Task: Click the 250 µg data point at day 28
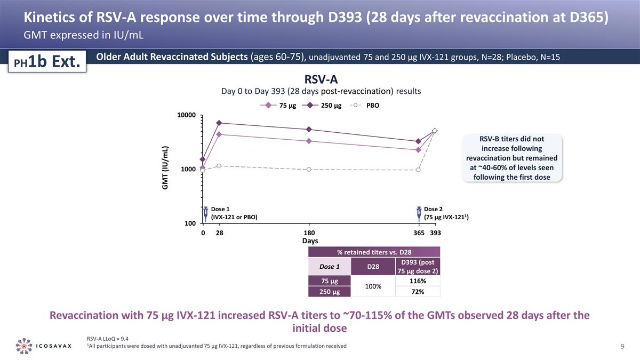click(x=219, y=123)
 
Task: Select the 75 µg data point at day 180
click(x=309, y=141)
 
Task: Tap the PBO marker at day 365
click(x=419, y=170)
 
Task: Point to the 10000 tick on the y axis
click(x=187, y=115)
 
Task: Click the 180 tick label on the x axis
click(x=309, y=233)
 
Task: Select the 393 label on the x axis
click(x=436, y=233)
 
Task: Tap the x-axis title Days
click(x=310, y=241)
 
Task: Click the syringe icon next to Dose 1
click(x=206, y=213)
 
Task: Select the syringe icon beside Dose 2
click(x=419, y=213)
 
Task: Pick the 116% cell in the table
click(x=418, y=281)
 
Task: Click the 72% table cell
click(x=418, y=292)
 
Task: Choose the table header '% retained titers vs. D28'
click(x=374, y=252)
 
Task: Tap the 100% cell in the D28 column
click(x=373, y=286)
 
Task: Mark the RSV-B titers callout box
click(x=511, y=158)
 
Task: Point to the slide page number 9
click(x=622, y=347)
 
